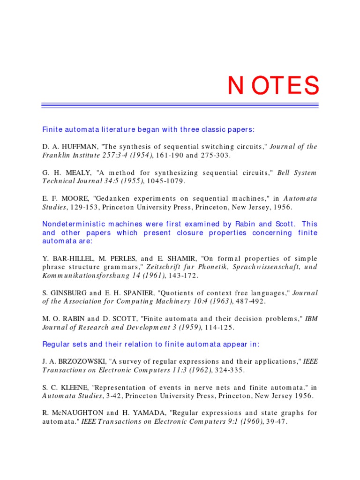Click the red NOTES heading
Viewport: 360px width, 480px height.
click(x=273, y=86)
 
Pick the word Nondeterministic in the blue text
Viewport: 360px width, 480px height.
click(x=71, y=224)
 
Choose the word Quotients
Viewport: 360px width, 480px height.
click(x=183, y=293)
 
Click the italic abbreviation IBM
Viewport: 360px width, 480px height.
click(x=311, y=319)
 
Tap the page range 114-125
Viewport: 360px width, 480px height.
click(x=225, y=327)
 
